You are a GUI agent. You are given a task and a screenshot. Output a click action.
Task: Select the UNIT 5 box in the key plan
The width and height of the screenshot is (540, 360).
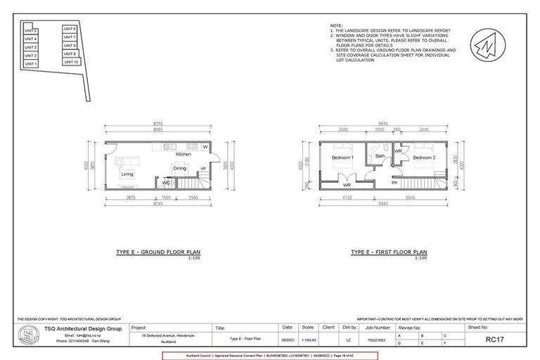30,31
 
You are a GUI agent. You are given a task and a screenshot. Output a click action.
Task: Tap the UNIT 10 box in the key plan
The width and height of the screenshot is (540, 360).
70,62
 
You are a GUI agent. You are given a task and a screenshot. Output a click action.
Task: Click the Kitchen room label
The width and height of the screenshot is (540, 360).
183,154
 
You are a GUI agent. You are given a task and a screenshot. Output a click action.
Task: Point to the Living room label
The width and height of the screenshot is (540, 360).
127,174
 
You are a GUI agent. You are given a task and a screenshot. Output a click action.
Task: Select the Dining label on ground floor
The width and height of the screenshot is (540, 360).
180,169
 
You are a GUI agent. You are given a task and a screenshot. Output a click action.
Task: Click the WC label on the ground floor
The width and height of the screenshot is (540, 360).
166,183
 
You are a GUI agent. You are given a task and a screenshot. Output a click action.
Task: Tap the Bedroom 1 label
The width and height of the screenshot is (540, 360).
342,158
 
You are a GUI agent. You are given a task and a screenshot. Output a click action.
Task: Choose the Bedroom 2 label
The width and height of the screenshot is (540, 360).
424,158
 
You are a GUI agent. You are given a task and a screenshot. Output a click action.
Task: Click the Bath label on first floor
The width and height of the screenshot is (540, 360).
379,156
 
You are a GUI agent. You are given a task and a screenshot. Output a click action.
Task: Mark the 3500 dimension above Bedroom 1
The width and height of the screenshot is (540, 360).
342,131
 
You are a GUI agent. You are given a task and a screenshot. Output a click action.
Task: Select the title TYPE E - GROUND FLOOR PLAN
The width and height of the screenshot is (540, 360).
160,252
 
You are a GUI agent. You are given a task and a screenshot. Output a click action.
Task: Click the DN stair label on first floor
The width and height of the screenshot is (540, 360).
395,182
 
